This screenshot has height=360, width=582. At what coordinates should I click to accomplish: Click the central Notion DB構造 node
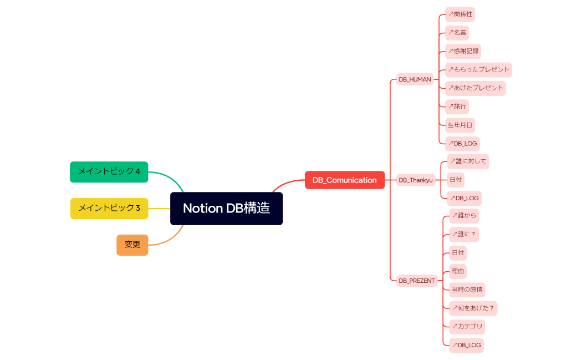click(226, 209)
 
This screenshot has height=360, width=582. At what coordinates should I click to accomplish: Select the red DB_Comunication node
click(344, 180)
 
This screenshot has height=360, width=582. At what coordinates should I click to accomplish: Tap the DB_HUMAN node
click(415, 79)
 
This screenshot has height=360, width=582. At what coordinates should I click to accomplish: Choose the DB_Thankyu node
click(416, 180)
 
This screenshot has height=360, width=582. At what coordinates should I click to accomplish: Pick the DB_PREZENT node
click(417, 281)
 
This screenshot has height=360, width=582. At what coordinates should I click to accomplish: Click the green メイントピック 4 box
click(109, 171)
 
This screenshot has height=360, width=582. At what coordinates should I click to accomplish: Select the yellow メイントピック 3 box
click(109, 208)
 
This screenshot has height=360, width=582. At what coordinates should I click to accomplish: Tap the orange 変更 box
click(132, 245)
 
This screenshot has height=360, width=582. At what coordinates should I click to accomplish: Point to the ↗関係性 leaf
click(460, 14)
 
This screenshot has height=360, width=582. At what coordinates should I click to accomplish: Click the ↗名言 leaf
click(457, 33)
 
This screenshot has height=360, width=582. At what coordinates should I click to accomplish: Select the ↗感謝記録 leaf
click(463, 51)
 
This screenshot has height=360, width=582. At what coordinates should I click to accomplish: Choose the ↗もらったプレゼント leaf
click(478, 70)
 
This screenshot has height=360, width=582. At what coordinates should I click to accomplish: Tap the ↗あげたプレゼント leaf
click(476, 88)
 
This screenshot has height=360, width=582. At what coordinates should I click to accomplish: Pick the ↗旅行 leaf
click(457, 106)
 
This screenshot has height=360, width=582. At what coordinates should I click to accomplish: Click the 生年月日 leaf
click(460, 125)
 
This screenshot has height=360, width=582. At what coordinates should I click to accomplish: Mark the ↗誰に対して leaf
click(468, 161)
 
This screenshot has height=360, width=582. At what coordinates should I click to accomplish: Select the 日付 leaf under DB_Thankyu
click(456, 180)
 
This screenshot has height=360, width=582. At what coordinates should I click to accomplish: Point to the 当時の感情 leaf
click(467, 290)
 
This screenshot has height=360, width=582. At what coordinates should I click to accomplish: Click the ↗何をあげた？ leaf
click(473, 308)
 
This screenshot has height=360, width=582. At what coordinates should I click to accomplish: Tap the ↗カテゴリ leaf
click(467, 326)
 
